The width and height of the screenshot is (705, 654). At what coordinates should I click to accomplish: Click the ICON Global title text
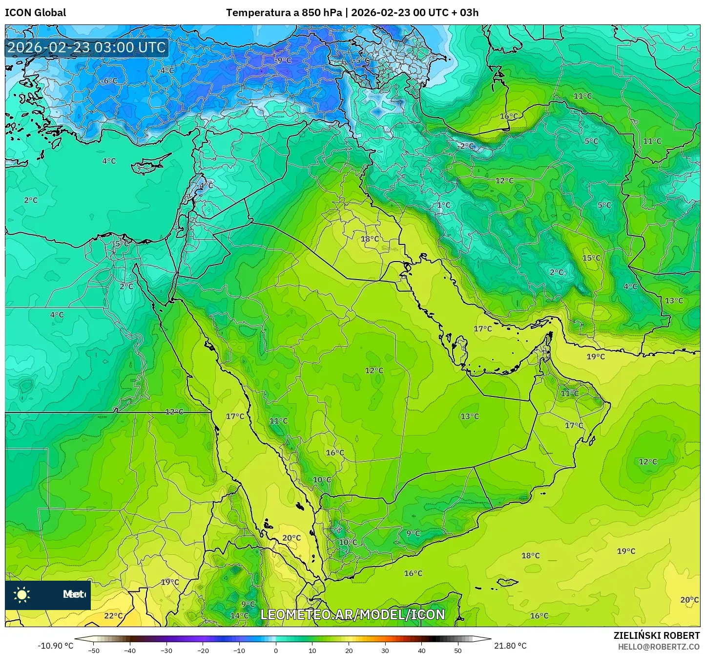(35, 13)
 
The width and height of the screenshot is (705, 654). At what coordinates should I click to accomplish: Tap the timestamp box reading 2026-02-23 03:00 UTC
(86, 47)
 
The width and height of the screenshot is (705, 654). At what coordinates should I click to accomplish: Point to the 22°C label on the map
(113, 616)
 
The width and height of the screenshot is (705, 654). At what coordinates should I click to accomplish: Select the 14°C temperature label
(239, 615)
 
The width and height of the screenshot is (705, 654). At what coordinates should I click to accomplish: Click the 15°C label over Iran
(591, 258)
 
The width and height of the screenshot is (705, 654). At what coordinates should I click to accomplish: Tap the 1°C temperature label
(443, 205)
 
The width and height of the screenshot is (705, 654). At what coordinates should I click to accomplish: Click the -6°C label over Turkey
(109, 81)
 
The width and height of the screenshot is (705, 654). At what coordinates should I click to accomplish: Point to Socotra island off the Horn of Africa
(508, 582)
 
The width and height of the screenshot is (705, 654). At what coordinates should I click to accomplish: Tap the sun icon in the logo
(22, 595)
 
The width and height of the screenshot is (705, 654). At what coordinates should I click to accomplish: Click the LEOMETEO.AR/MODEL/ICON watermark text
(352, 614)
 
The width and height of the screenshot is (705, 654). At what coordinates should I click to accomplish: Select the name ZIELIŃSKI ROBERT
(656, 635)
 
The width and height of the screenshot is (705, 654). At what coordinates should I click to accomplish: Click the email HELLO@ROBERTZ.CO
(659, 646)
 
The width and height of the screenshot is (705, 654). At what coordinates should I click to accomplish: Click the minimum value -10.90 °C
(55, 646)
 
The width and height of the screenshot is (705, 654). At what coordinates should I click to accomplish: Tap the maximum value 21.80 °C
(510, 646)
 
